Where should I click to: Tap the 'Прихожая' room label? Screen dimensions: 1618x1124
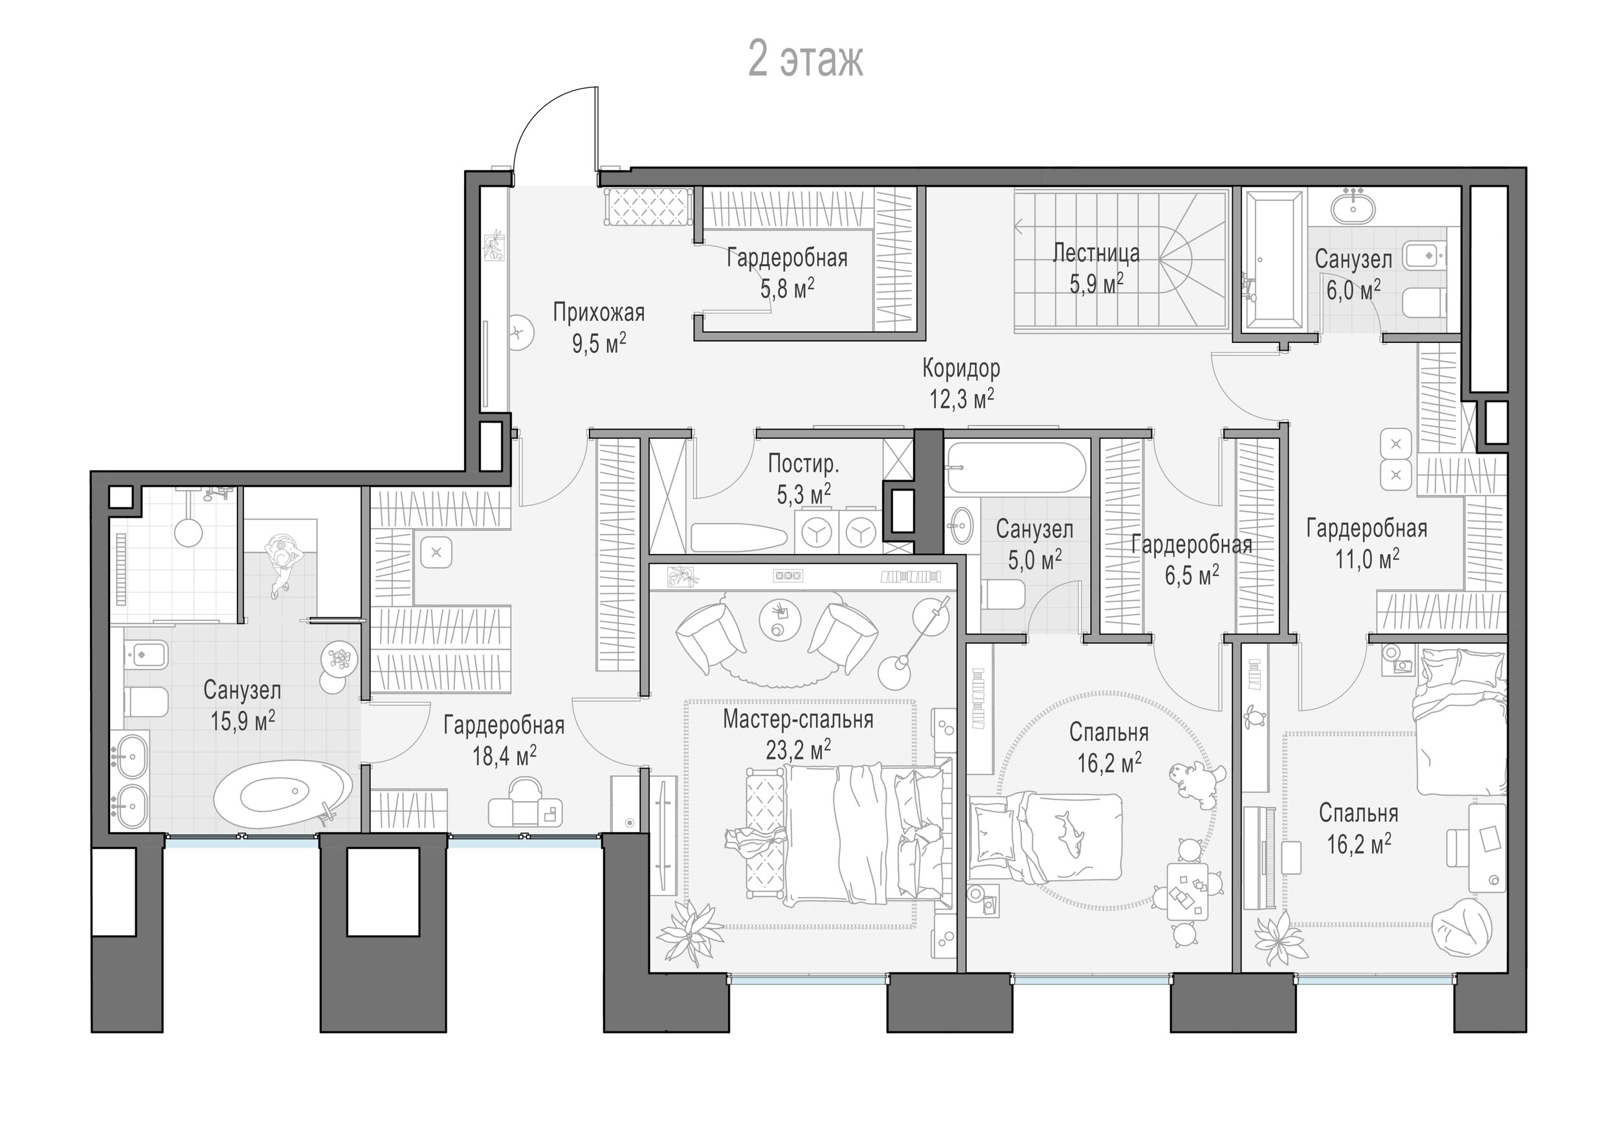click(598, 312)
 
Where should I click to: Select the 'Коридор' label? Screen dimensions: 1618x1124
click(961, 368)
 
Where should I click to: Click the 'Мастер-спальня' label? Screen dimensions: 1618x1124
click(798, 719)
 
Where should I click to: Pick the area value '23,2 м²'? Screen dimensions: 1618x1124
click(798, 749)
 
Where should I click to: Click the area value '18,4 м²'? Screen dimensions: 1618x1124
click(504, 756)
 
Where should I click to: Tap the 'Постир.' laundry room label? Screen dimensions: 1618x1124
click(803, 463)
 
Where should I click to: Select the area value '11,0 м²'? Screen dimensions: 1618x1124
click(1366, 558)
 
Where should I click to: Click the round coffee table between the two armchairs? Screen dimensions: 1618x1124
click(780, 619)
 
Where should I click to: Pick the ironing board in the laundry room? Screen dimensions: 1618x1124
click(738, 537)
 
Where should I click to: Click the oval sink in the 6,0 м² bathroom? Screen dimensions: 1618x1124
click(1353, 208)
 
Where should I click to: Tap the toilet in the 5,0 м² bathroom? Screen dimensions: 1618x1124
click(1003, 595)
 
